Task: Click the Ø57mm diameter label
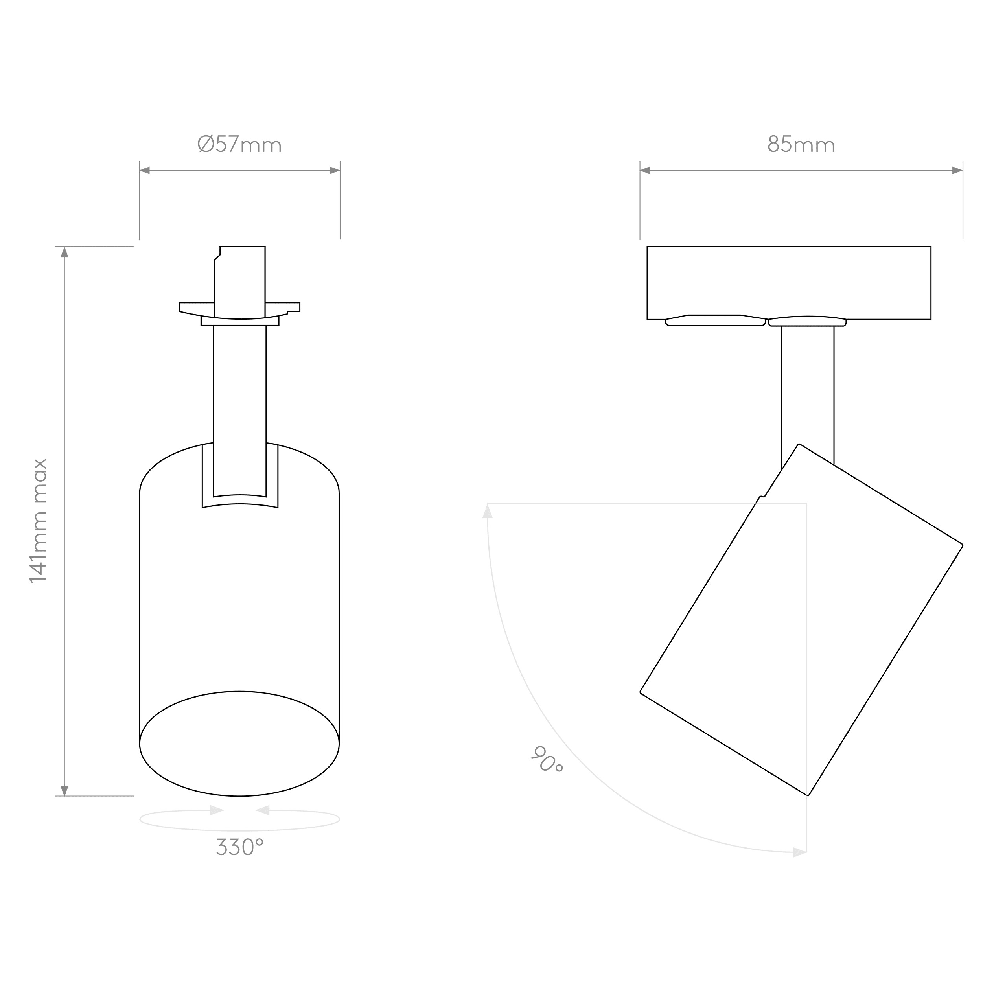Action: [239, 144]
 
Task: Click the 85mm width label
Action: [801, 144]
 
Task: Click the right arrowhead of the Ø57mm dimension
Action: [335, 170]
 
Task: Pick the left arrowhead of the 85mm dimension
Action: [645, 170]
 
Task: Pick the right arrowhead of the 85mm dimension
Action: [957, 170]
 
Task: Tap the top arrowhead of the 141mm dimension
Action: [64, 252]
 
